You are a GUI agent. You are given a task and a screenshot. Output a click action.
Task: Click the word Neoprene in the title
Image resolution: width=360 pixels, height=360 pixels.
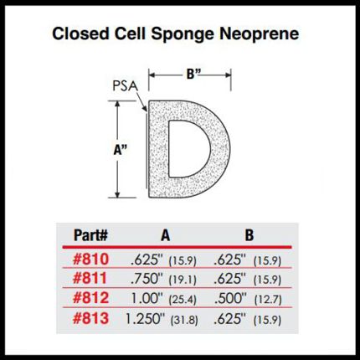point(260,34)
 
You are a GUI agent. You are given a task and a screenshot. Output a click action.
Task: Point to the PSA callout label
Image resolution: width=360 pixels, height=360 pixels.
point(126,86)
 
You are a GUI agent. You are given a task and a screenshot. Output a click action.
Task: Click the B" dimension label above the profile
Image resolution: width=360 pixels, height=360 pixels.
point(194,75)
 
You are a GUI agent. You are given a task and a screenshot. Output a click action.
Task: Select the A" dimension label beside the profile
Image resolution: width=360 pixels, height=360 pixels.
point(121,150)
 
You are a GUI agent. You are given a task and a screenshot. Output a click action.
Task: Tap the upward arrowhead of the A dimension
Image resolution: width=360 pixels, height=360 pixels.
point(117,104)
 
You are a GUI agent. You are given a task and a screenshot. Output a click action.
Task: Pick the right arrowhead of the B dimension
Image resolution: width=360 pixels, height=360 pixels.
point(228,75)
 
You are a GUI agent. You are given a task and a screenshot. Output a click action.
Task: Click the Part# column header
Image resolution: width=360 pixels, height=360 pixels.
point(90,235)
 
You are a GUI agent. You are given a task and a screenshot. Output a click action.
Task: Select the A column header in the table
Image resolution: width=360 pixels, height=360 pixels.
point(165,235)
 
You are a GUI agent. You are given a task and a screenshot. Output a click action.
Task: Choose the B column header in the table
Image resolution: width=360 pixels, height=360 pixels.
point(249,235)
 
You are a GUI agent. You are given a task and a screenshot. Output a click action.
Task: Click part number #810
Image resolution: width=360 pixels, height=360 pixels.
point(90,260)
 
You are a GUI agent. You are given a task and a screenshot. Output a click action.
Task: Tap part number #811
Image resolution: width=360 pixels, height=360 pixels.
point(90,279)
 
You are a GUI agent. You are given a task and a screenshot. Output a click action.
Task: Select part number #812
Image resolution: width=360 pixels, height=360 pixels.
point(90,298)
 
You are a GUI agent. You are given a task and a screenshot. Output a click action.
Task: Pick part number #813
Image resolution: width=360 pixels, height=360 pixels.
point(90,318)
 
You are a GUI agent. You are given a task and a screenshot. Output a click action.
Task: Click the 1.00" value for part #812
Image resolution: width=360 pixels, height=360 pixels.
point(147,298)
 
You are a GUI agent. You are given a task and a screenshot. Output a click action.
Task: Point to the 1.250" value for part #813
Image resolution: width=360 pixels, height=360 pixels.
point(144,318)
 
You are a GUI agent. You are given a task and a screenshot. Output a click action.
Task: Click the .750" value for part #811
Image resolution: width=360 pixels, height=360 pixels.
point(147,279)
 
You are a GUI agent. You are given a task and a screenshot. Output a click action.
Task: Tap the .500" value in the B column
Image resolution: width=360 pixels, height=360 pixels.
point(230,298)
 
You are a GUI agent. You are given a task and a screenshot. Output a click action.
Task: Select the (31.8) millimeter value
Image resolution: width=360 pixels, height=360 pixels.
point(184,320)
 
